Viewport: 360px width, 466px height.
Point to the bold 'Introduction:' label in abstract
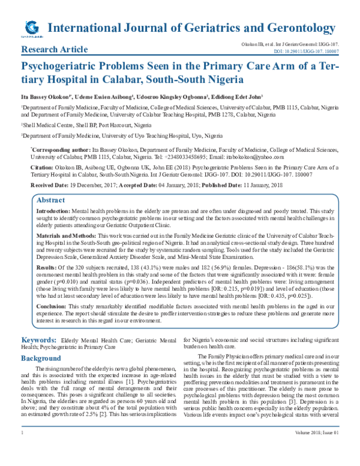(x=53, y=213)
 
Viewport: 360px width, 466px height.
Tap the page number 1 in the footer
(x=23, y=449)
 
